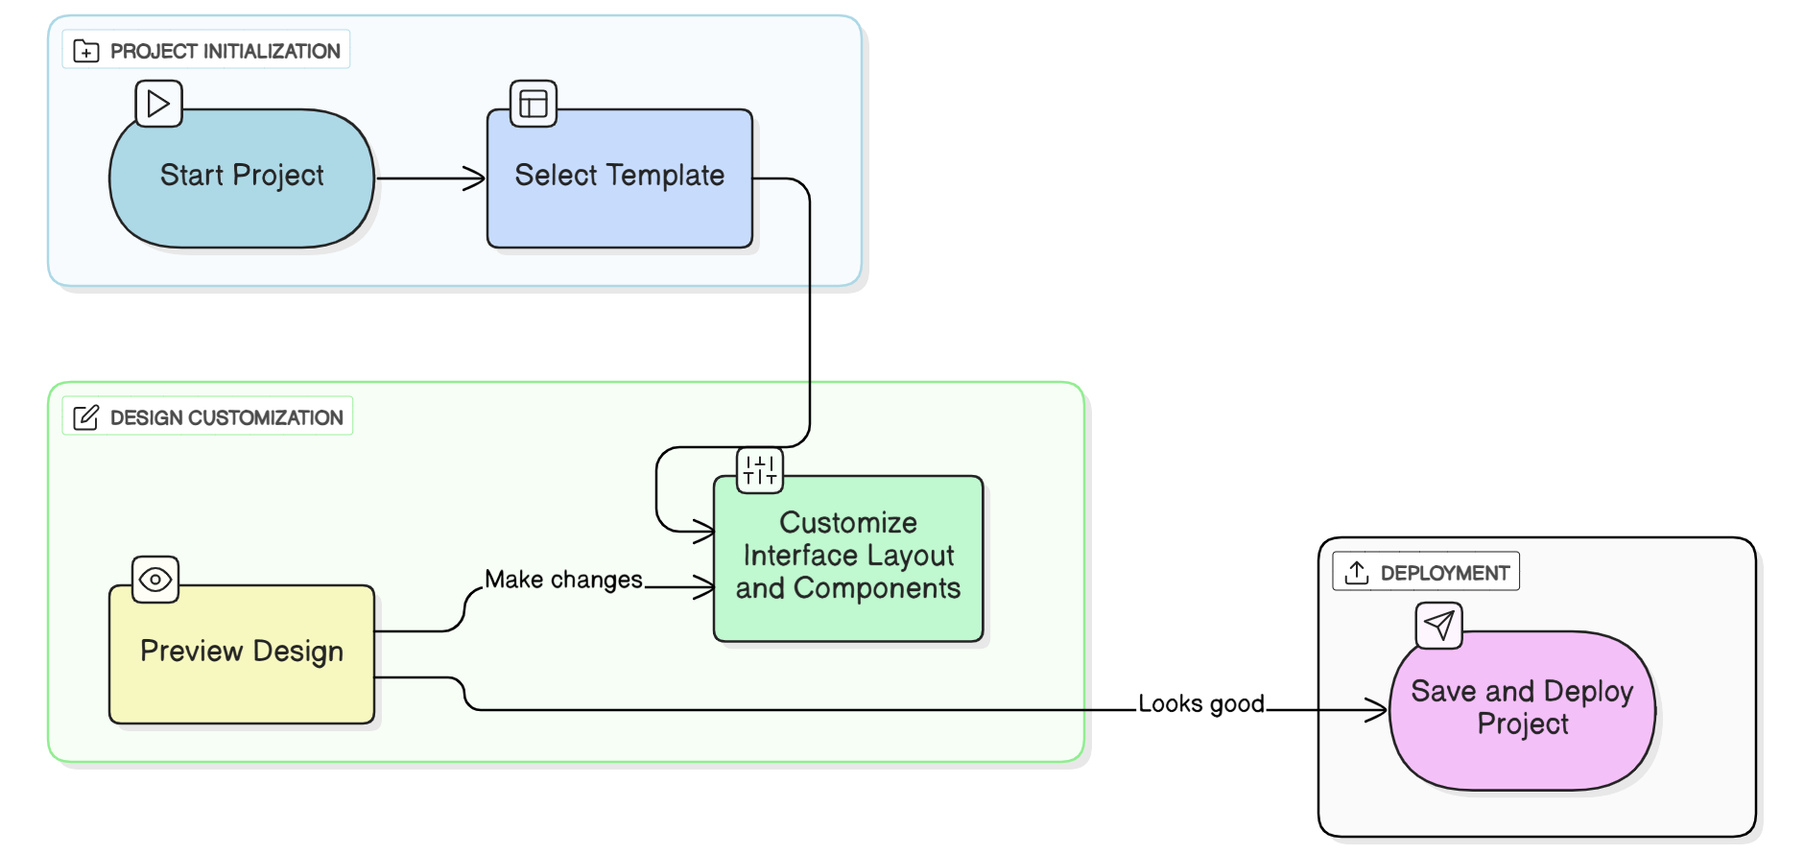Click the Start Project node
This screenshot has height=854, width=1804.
click(x=242, y=178)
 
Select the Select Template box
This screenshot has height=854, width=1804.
click(x=619, y=178)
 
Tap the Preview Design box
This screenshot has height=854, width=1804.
click(x=242, y=653)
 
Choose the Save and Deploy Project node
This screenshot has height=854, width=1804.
click(x=1522, y=710)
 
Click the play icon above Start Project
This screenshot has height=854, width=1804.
click(x=158, y=104)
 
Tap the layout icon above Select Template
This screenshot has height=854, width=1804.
click(x=534, y=104)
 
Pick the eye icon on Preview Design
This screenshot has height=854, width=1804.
click(x=155, y=580)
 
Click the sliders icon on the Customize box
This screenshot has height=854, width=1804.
click(x=760, y=470)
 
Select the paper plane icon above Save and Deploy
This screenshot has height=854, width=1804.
click(x=1438, y=626)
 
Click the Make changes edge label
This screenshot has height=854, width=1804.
click(x=563, y=580)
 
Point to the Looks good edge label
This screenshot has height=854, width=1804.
click(x=1201, y=703)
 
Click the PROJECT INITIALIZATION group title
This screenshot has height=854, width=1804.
click(x=225, y=51)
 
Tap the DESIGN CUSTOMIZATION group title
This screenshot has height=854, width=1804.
click(x=226, y=417)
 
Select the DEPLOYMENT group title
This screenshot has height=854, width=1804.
click(x=1444, y=573)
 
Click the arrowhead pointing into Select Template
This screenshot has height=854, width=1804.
click(x=476, y=178)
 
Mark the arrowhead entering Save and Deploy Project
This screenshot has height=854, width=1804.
click(x=1377, y=710)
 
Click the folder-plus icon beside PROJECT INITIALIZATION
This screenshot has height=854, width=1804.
click(x=86, y=51)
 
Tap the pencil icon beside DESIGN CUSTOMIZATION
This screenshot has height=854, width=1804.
click(x=86, y=417)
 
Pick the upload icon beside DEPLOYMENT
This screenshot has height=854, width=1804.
click(x=1356, y=573)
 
